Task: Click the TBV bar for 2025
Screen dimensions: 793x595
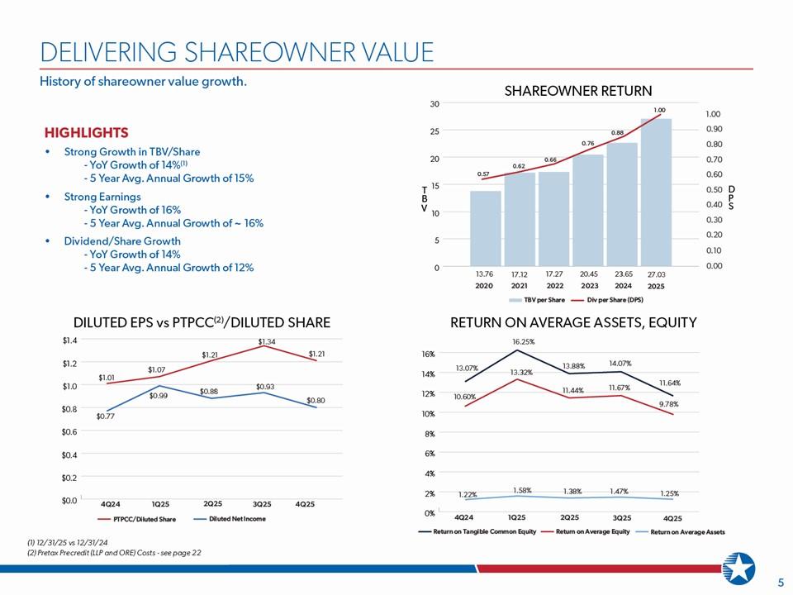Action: (x=656, y=193)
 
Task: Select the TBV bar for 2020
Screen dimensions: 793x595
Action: (x=486, y=228)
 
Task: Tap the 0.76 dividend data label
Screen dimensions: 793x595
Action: (x=587, y=144)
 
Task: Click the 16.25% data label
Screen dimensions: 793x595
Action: (x=523, y=341)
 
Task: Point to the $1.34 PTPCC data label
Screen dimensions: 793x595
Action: (x=267, y=341)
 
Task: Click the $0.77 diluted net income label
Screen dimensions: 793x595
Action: (x=106, y=416)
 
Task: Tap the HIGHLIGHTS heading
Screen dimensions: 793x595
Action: (x=87, y=132)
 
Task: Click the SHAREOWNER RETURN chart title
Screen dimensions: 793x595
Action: (x=578, y=91)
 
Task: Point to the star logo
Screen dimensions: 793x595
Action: (x=738, y=569)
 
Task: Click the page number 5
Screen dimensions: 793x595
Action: (x=781, y=583)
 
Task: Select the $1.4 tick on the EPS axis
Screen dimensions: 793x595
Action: (x=69, y=340)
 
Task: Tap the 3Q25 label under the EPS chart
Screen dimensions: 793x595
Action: (x=262, y=504)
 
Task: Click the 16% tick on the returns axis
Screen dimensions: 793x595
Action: (x=429, y=354)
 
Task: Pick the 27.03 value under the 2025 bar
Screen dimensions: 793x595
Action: (x=657, y=274)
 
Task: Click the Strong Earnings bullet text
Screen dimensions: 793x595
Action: (x=102, y=197)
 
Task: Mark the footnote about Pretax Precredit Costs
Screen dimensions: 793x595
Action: (x=114, y=553)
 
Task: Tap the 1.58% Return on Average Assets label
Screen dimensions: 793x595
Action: (x=522, y=490)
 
